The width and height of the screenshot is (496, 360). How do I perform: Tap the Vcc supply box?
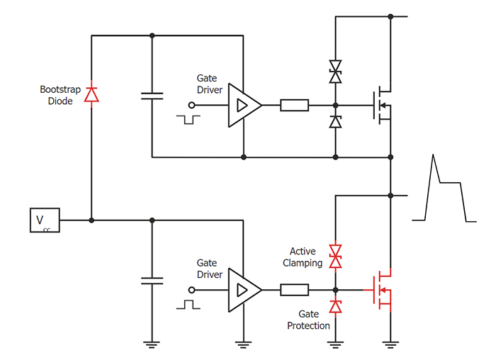(x=44, y=220)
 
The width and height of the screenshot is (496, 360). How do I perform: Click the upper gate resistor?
(x=294, y=106)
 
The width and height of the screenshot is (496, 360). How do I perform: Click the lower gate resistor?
(x=294, y=290)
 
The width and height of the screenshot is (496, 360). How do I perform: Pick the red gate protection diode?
(x=336, y=306)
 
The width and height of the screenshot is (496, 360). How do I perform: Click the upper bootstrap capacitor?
(x=152, y=96)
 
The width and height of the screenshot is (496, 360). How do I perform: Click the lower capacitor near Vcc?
(x=152, y=280)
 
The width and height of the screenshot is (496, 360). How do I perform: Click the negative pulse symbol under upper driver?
(x=188, y=118)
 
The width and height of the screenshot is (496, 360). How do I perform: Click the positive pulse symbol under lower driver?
(x=188, y=304)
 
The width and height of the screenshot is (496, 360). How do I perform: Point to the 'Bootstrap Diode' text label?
(x=60, y=95)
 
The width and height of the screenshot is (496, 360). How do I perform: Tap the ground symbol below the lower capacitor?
(x=152, y=345)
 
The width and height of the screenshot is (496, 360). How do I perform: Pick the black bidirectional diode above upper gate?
(x=336, y=69)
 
